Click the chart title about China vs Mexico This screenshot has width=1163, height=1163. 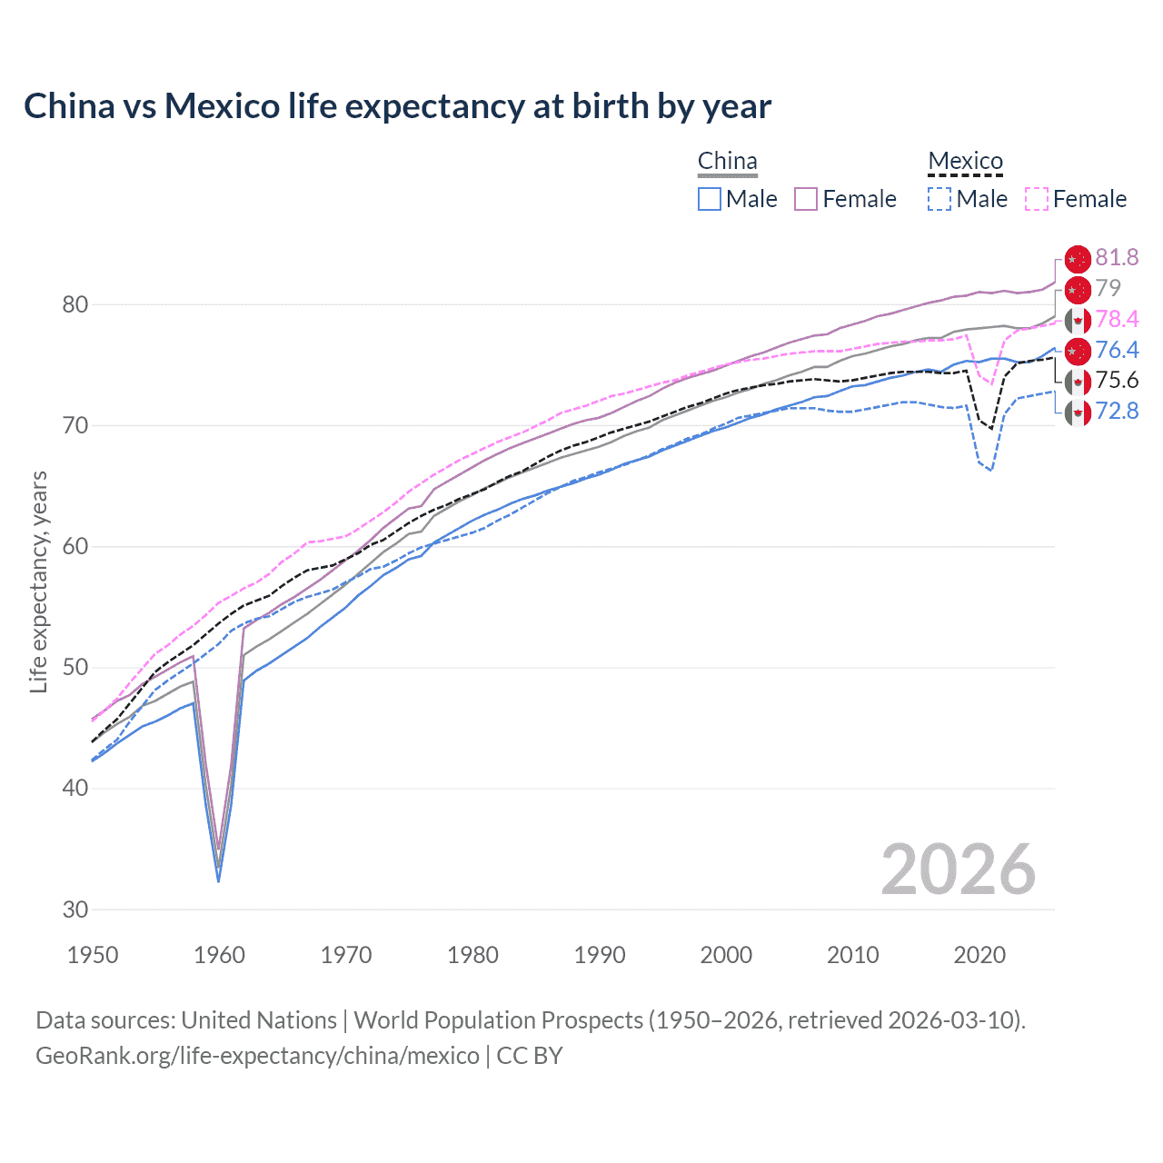coord(397,106)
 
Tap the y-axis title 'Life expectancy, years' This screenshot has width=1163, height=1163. coord(38,581)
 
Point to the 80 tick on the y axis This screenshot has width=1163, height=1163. coord(75,304)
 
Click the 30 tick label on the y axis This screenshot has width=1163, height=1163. coord(75,910)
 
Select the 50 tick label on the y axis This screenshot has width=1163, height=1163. coord(75,668)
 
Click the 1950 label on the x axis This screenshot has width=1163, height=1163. coord(93,955)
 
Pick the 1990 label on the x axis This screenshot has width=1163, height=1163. coord(600,955)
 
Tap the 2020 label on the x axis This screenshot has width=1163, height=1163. coord(979,955)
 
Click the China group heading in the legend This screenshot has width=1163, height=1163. coord(727,162)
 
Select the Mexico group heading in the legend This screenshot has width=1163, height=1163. coord(965,162)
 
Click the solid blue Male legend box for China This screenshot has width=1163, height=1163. coord(710,199)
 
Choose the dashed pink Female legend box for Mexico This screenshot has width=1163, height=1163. coord(1037,199)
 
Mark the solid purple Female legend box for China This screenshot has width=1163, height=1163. coord(806,199)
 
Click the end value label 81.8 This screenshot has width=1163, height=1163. coord(1117,258)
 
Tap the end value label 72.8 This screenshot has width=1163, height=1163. coord(1117,412)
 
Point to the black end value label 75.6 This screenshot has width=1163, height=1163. coord(1117,381)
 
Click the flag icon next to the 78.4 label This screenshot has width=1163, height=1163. coord(1078,320)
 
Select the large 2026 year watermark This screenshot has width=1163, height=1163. coord(958,870)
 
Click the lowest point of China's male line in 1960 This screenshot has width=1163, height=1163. coord(218,880)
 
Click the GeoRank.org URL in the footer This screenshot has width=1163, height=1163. coord(257,1056)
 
